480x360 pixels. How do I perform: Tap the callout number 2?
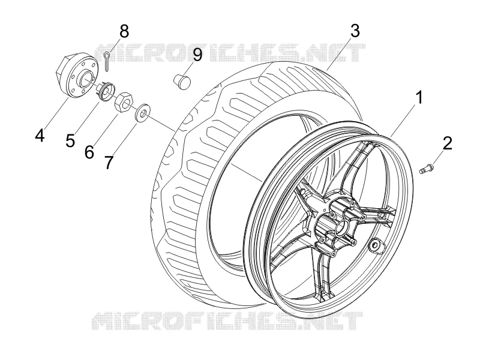pyautogui.click(x=447, y=143)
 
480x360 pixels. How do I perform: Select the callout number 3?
pyautogui.click(x=355, y=31)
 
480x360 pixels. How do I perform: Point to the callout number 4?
pyautogui.click(x=40, y=135)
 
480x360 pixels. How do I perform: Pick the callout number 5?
pyautogui.click(x=70, y=140)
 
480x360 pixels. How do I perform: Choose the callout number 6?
pyautogui.click(x=89, y=152)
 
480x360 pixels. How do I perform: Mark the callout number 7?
pyautogui.click(x=109, y=162)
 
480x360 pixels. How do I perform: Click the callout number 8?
pyautogui.click(x=124, y=31)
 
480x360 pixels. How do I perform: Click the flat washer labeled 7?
pyautogui.click(x=142, y=112)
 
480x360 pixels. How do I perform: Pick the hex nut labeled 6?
pyautogui.click(x=124, y=102)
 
